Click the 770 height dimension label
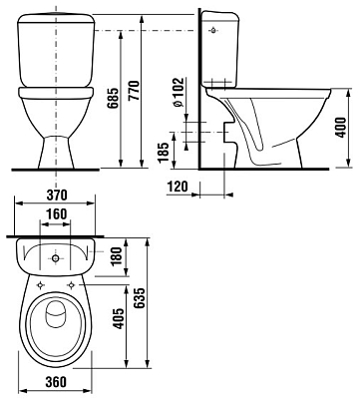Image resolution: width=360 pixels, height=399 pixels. (x=135, y=91)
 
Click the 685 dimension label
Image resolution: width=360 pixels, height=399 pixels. (x=113, y=99)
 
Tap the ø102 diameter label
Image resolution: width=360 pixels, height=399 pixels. (x=179, y=92)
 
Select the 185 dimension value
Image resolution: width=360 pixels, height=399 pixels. (x=163, y=153)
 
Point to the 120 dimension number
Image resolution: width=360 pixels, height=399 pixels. (x=178, y=187)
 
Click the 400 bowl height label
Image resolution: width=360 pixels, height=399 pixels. (x=340, y=128)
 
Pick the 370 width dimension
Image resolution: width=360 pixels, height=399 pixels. (x=57, y=196)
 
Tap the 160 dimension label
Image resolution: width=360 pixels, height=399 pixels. (x=57, y=214)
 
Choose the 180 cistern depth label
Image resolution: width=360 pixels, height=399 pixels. (x=118, y=256)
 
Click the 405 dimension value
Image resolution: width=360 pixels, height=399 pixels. (x=118, y=319)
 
